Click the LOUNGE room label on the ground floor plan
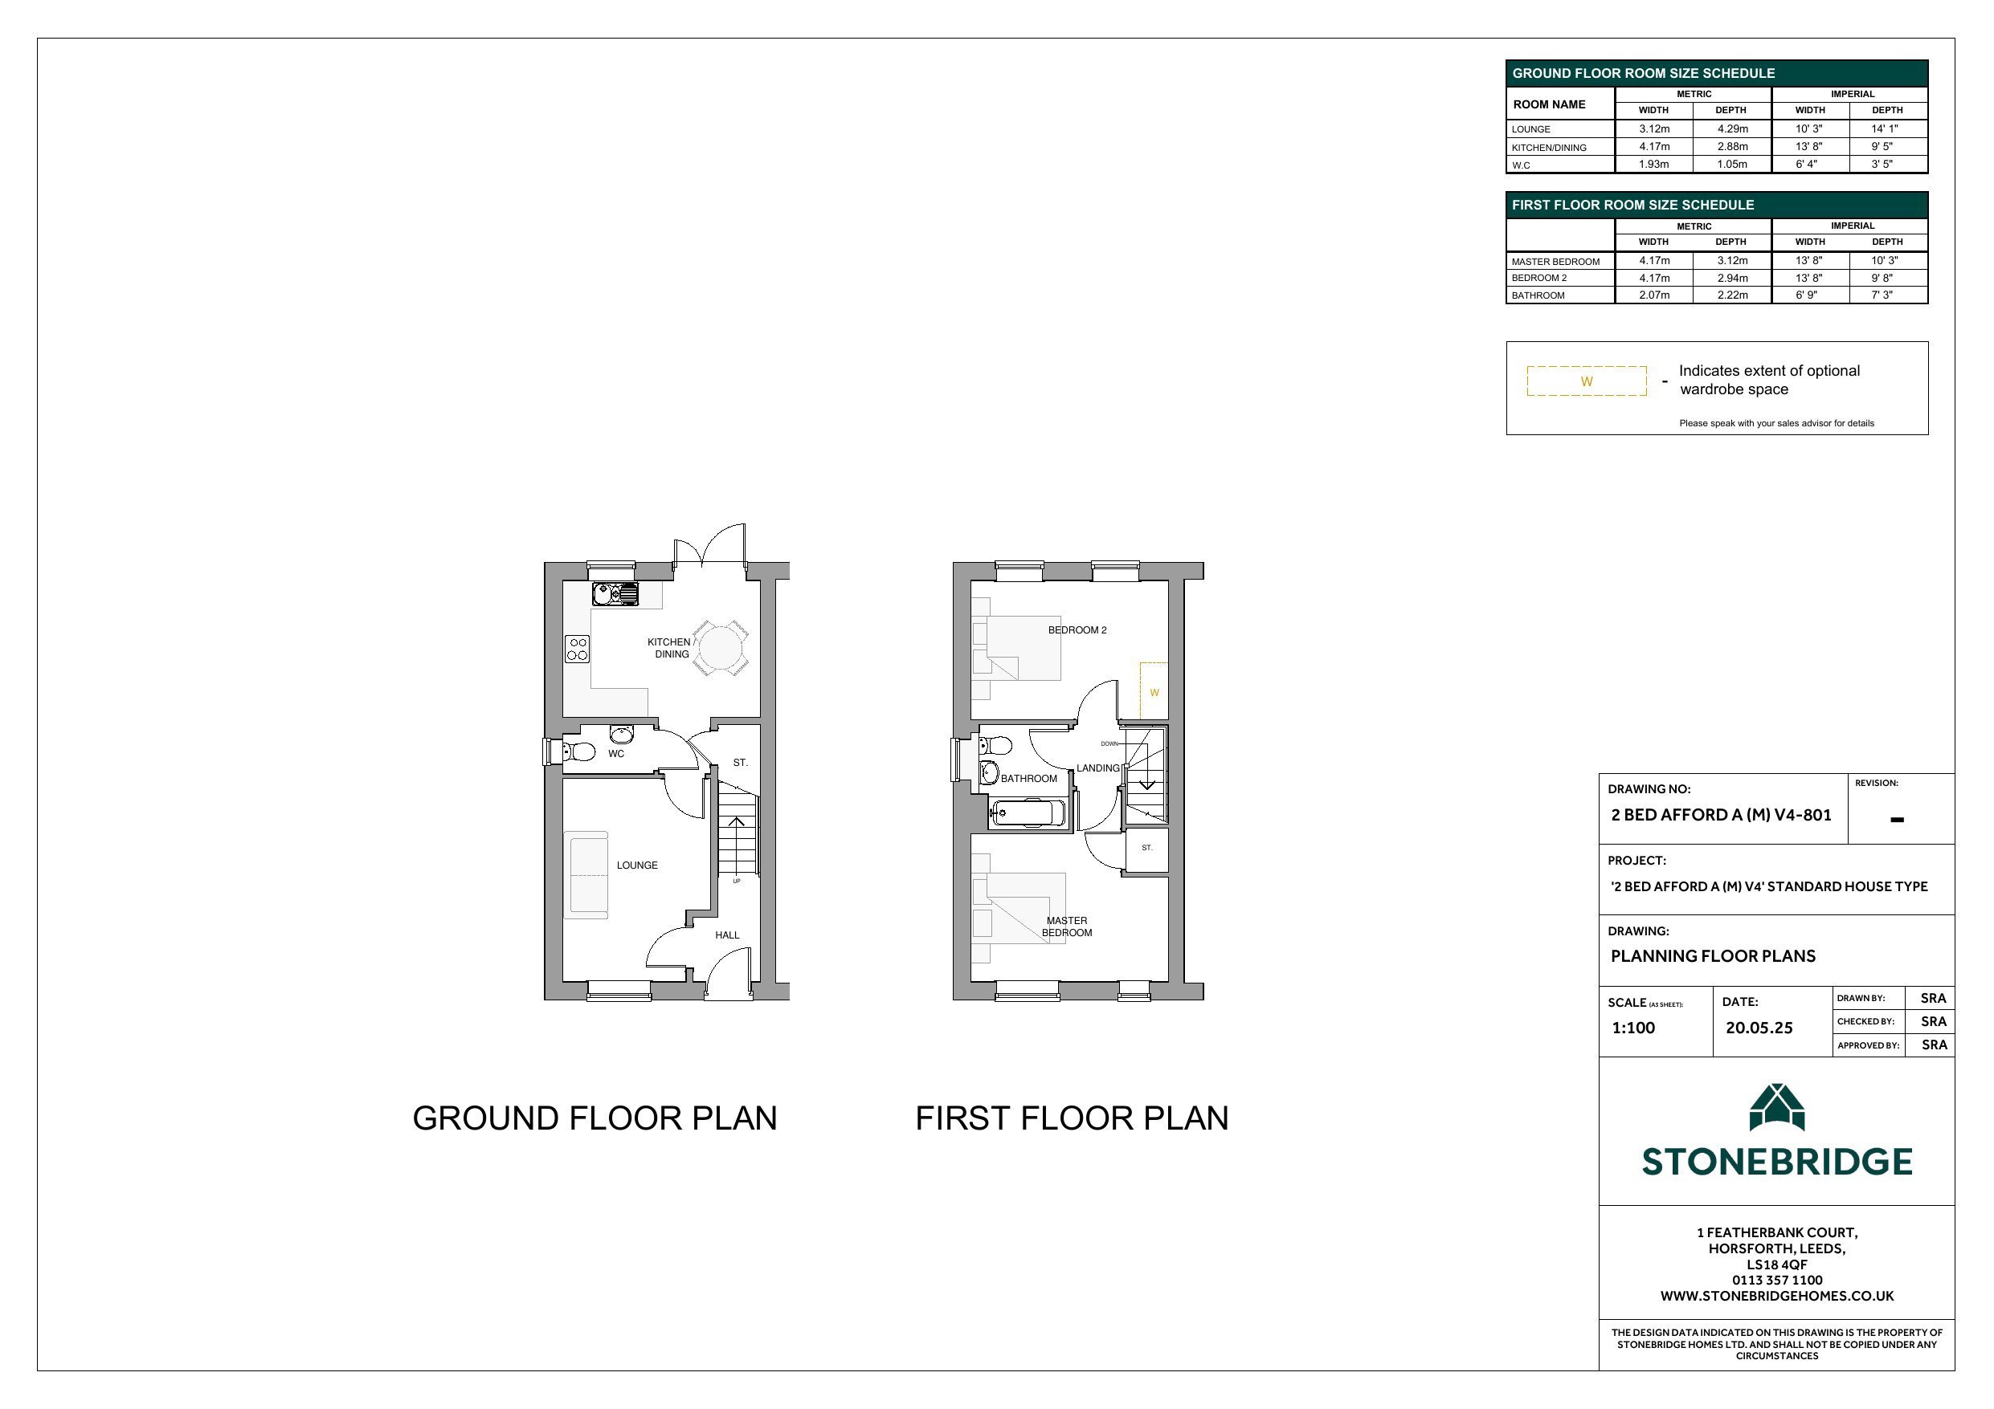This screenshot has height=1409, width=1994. tap(636, 865)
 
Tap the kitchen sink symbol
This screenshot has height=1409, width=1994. tap(615, 594)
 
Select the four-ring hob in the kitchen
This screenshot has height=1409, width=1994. tap(578, 649)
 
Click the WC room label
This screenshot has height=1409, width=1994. tap(615, 754)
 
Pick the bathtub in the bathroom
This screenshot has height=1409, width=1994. tap(1028, 813)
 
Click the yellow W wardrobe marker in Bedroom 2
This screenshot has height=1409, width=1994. tap(1154, 693)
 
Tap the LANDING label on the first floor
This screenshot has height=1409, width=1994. tap(1097, 768)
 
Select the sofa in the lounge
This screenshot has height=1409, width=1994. tap(586, 874)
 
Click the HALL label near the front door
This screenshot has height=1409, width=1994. tap(727, 935)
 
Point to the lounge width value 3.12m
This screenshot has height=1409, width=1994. tap(1653, 128)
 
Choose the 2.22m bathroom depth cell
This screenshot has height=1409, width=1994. tap(1732, 295)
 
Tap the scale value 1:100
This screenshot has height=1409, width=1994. tap(1632, 1028)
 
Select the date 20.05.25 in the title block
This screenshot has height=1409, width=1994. tap(1759, 1028)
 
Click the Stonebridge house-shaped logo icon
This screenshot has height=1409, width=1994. tap(1777, 1107)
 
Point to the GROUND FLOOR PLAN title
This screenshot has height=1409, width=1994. tap(595, 1118)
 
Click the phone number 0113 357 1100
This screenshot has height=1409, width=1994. tap(1777, 1280)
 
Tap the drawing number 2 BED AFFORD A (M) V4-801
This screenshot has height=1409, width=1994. tap(1722, 814)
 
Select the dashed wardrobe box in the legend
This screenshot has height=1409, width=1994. tap(1587, 381)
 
